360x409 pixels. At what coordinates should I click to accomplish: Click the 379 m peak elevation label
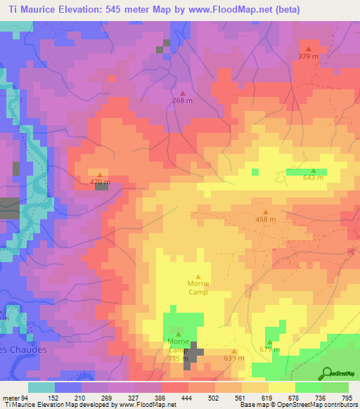[307, 56]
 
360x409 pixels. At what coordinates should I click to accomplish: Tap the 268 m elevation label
[183, 100]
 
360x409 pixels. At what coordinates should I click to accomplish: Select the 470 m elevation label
[99, 182]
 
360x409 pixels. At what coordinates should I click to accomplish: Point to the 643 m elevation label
[313, 178]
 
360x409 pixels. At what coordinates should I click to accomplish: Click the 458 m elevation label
[265, 219]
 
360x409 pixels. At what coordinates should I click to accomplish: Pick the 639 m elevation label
[234, 358]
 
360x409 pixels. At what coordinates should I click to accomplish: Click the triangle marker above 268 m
[183, 93]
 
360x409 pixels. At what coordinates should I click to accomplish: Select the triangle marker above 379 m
[308, 48]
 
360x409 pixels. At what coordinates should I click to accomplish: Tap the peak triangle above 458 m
[265, 212]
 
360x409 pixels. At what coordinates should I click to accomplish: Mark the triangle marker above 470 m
[99, 174]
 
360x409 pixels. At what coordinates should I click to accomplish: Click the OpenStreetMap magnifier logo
[326, 372]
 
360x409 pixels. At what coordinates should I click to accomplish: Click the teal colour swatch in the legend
[41, 387]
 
